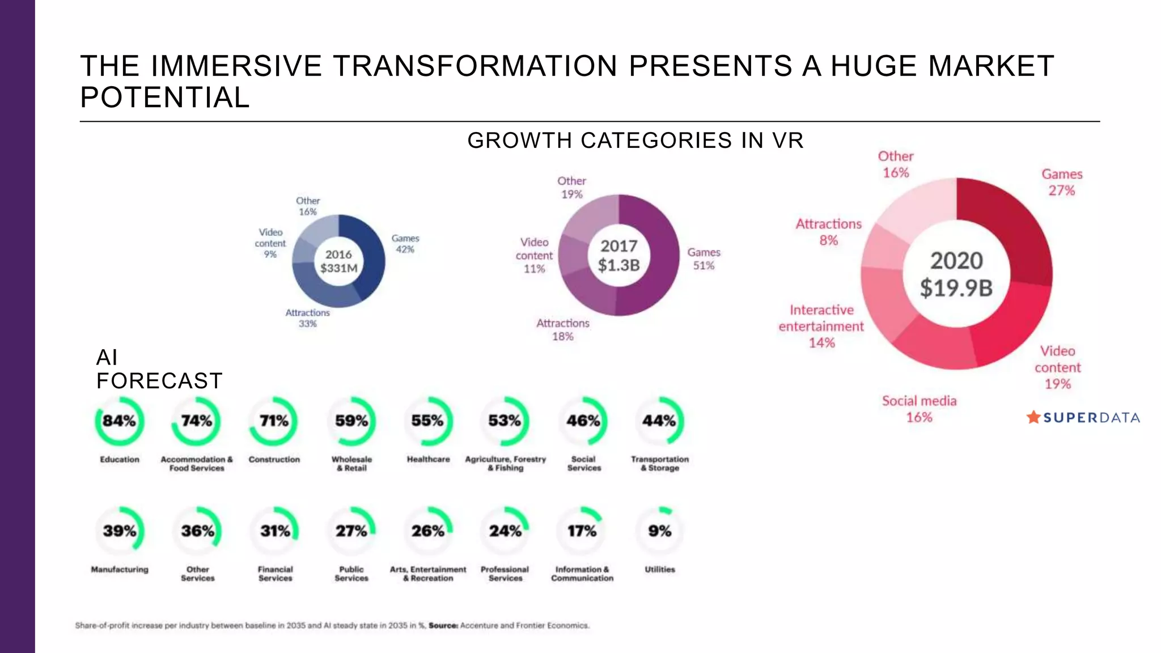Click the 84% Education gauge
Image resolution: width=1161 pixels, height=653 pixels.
pos(119,421)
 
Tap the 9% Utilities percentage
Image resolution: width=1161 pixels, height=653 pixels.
pos(659,531)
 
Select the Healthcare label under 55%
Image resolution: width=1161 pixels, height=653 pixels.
pos(428,459)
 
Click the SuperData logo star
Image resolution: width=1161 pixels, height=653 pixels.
pos(1033,417)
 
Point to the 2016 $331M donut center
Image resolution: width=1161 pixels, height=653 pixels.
pos(338,261)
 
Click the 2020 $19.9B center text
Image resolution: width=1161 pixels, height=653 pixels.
pos(956,274)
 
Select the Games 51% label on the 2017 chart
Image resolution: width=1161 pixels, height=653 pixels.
pos(704,258)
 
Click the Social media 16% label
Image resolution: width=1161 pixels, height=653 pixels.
pos(919,409)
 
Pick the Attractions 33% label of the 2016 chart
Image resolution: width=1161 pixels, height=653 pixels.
pos(307,318)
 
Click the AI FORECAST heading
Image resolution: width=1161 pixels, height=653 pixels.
pos(159,369)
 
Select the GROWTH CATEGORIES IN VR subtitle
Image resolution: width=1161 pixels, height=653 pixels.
pos(635,141)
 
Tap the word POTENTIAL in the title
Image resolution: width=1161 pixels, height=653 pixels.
pos(165,97)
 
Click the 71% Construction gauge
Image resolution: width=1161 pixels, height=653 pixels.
pos(274,421)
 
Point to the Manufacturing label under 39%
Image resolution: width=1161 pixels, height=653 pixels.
pos(120,569)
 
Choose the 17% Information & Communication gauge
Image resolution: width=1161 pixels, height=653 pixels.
pos(582,531)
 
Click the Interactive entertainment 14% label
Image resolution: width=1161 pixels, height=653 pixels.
pos(821,326)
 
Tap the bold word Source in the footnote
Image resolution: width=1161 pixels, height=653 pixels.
pos(443,626)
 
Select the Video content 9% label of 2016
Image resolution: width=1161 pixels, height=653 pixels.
pos(270,243)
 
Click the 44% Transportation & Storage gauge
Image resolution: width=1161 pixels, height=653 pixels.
pos(659,421)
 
